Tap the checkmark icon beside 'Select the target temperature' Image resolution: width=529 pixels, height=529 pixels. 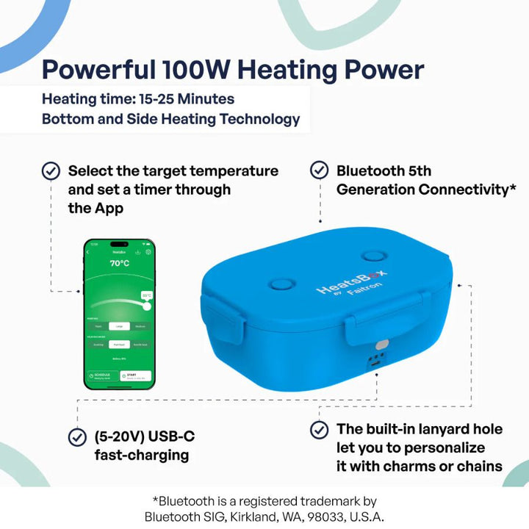pyautogui.click(x=51, y=170)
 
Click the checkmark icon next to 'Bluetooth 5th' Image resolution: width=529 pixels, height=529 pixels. pyautogui.click(x=319, y=170)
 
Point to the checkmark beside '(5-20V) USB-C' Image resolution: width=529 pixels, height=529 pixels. pyautogui.click(x=76, y=437)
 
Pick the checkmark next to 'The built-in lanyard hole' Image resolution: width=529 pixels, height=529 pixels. pyautogui.click(x=319, y=430)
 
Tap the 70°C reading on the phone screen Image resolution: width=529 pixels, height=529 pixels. pyautogui.click(x=120, y=262)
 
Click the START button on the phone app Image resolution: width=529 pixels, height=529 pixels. pyautogui.click(x=137, y=375)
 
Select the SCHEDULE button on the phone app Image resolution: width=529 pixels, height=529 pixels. pyautogui.click(x=102, y=375)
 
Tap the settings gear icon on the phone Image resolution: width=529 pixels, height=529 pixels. pyautogui.click(x=148, y=252)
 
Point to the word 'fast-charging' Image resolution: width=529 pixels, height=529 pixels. pyautogui.click(x=142, y=455)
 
